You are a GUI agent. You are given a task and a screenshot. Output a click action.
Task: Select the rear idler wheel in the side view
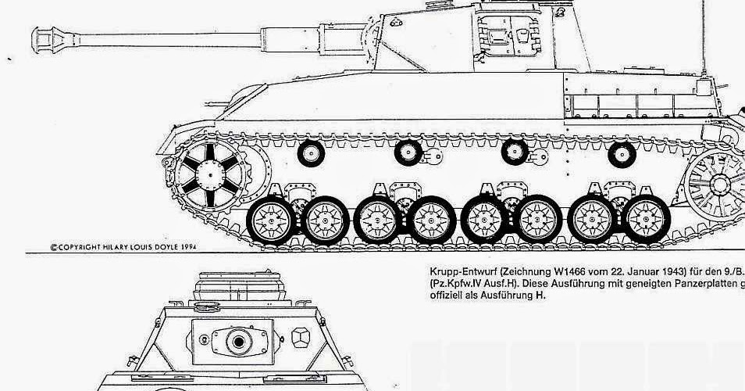pyautogui.click(x=719, y=180)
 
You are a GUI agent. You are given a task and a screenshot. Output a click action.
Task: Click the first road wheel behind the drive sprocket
pyautogui.click(x=272, y=218)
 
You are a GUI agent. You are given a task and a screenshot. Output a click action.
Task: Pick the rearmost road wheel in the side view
pyautogui.click(x=647, y=218)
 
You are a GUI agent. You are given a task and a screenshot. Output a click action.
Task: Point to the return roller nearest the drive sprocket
pyautogui.click(x=312, y=153)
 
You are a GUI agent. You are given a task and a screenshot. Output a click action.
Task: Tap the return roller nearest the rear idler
pyautogui.click(x=622, y=155)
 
